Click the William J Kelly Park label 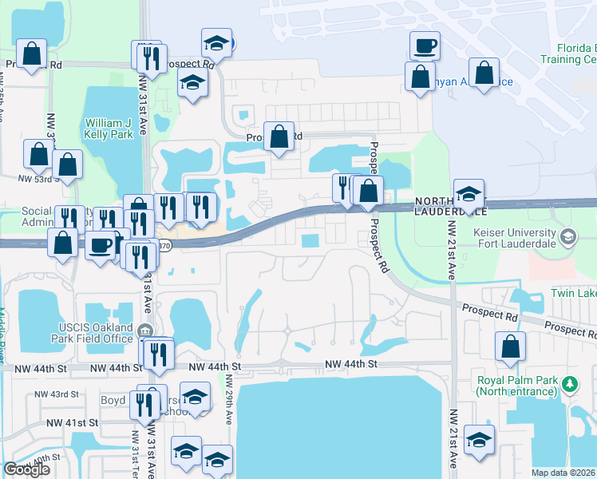(110, 129)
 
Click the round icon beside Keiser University (567, 236)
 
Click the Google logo (26, 469)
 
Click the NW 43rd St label (58, 394)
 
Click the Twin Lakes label (573, 294)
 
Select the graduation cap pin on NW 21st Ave (479, 441)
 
